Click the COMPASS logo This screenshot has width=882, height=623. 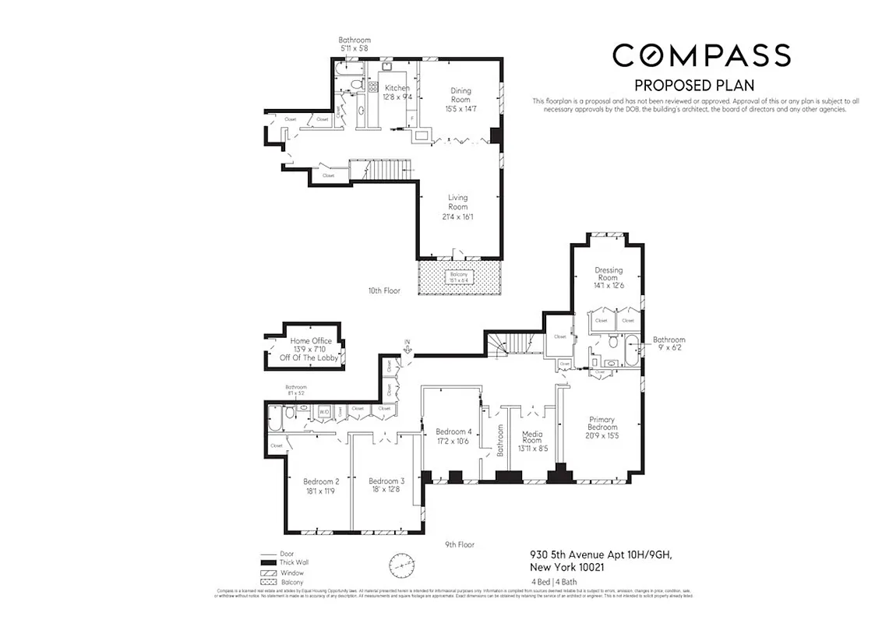click(x=701, y=55)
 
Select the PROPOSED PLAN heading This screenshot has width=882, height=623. click(x=694, y=85)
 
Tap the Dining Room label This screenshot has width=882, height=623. click(x=460, y=98)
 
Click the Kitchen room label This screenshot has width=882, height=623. click(x=397, y=92)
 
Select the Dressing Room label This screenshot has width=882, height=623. click(x=608, y=273)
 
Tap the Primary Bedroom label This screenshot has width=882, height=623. click(x=602, y=427)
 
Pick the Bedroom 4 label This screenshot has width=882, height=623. click(x=453, y=436)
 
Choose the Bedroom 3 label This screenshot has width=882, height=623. click(x=386, y=484)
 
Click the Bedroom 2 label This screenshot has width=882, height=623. click(x=321, y=485)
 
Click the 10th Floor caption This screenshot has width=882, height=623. click(x=384, y=290)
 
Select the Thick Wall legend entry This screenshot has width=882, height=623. click(x=284, y=562)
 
